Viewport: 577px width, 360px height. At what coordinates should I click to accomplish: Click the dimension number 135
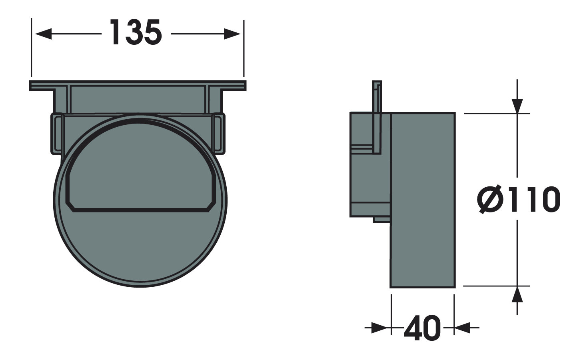click(136, 33)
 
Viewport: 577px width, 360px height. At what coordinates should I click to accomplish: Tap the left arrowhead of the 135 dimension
click(43, 34)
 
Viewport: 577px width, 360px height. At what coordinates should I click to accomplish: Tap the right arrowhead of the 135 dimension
click(232, 34)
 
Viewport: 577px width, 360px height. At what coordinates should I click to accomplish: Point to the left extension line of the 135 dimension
click(31, 48)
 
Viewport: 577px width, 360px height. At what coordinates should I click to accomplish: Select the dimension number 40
click(422, 329)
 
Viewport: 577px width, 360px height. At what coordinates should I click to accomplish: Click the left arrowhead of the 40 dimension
click(380, 328)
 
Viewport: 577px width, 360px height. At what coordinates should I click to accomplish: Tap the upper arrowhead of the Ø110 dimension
click(517, 105)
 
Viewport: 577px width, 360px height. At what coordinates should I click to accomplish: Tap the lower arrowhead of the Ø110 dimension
click(517, 295)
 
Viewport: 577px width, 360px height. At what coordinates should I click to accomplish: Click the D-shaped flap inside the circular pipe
click(140, 168)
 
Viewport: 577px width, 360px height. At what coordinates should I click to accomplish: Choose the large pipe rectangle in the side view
click(422, 200)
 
